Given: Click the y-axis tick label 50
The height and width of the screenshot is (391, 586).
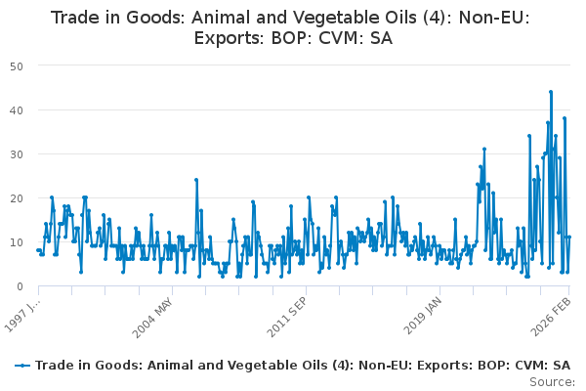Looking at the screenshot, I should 18,65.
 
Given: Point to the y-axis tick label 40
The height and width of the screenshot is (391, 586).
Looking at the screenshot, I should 18,109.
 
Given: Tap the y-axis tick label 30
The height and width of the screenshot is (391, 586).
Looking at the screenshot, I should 18,153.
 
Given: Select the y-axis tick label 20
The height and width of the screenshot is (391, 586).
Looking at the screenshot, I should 18,197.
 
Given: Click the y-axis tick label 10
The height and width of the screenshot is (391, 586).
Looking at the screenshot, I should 18,241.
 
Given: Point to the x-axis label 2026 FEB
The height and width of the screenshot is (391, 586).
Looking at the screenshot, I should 549,317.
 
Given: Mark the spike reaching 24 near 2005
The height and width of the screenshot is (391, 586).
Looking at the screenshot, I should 196,180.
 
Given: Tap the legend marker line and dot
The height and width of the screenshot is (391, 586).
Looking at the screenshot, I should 22,366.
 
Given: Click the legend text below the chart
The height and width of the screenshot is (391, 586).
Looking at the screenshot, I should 304,366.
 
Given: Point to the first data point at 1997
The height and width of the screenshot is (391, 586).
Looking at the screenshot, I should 38,250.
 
